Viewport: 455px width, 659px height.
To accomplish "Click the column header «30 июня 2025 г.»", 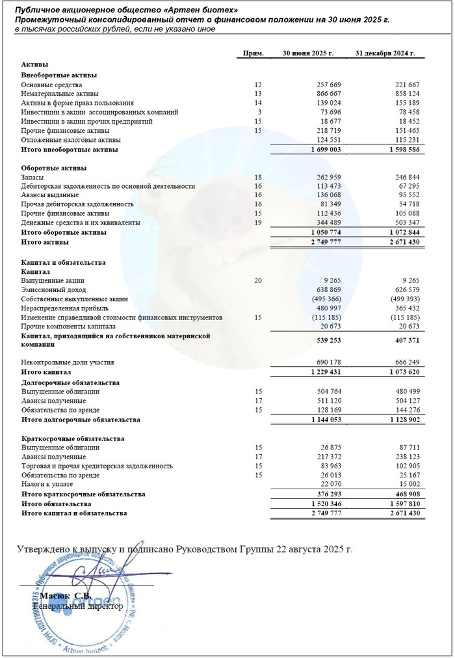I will pos(307,53).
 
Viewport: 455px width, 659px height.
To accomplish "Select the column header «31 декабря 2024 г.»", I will pos(385,53).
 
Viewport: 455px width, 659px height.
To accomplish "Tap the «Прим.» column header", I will pos(253,53).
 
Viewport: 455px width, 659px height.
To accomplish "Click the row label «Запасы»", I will pos(33,177).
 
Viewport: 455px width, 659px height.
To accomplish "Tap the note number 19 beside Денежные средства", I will pos(258,222).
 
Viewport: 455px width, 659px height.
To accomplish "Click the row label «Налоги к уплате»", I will pos(49,484).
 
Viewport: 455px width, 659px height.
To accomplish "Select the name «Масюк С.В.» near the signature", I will pos(65,595).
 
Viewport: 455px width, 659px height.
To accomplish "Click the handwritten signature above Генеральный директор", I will pos(97,572).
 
